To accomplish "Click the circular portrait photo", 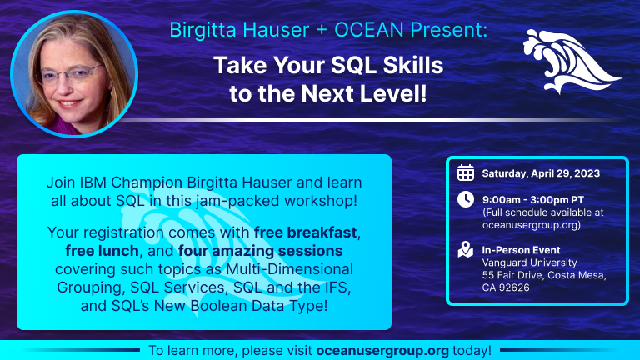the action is point(74,74).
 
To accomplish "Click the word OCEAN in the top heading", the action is point(369,30).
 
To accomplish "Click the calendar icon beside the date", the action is point(466,172).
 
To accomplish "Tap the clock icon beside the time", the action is point(466,200).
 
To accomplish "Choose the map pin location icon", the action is point(466,249).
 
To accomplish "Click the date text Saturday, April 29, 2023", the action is point(541,173).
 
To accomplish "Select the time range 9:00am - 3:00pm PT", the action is point(533,200).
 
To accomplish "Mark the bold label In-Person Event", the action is point(521,250).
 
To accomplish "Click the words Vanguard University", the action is point(529,262).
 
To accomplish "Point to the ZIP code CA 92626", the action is point(506,287).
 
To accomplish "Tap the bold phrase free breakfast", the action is point(305,232).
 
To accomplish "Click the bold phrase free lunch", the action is point(102,251).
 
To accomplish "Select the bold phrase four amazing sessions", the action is point(260,251).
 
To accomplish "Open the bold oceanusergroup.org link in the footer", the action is point(382,351).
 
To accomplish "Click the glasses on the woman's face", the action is point(69,75).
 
